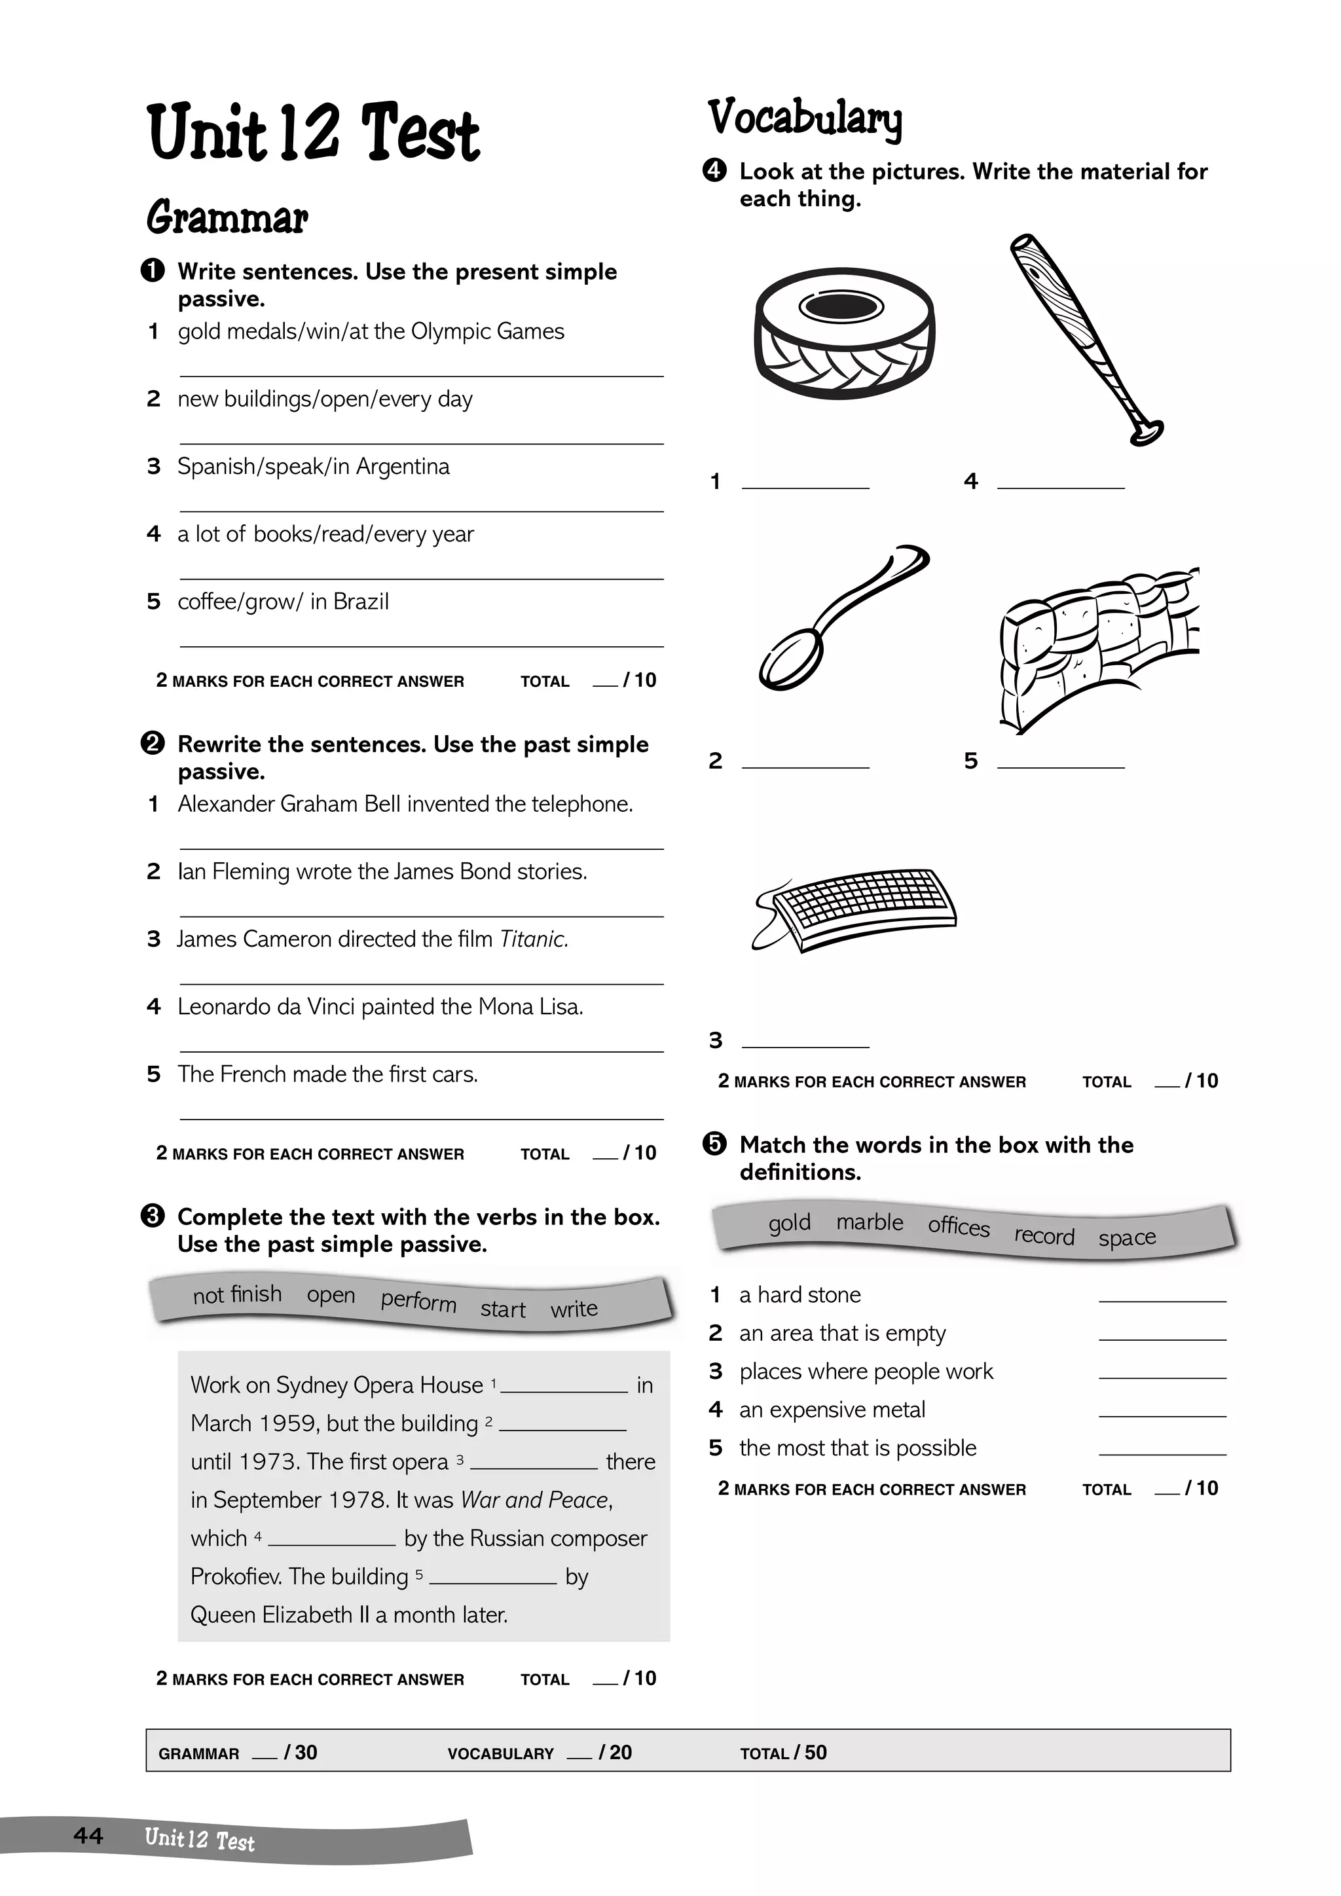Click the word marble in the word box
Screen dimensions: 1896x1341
tap(869, 1222)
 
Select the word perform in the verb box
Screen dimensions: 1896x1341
tap(418, 1302)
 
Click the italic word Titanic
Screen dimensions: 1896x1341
tap(534, 939)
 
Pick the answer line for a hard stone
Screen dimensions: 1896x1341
tap(1162, 1296)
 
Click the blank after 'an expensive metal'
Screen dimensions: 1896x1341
tap(1162, 1410)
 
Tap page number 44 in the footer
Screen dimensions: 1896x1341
tap(88, 1835)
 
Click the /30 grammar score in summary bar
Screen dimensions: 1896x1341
tap(300, 1753)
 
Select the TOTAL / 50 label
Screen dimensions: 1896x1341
tap(783, 1753)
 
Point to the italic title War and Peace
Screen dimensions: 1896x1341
tap(535, 1500)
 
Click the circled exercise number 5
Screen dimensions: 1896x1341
tap(714, 1144)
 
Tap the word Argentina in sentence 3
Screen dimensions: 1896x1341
tap(402, 467)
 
